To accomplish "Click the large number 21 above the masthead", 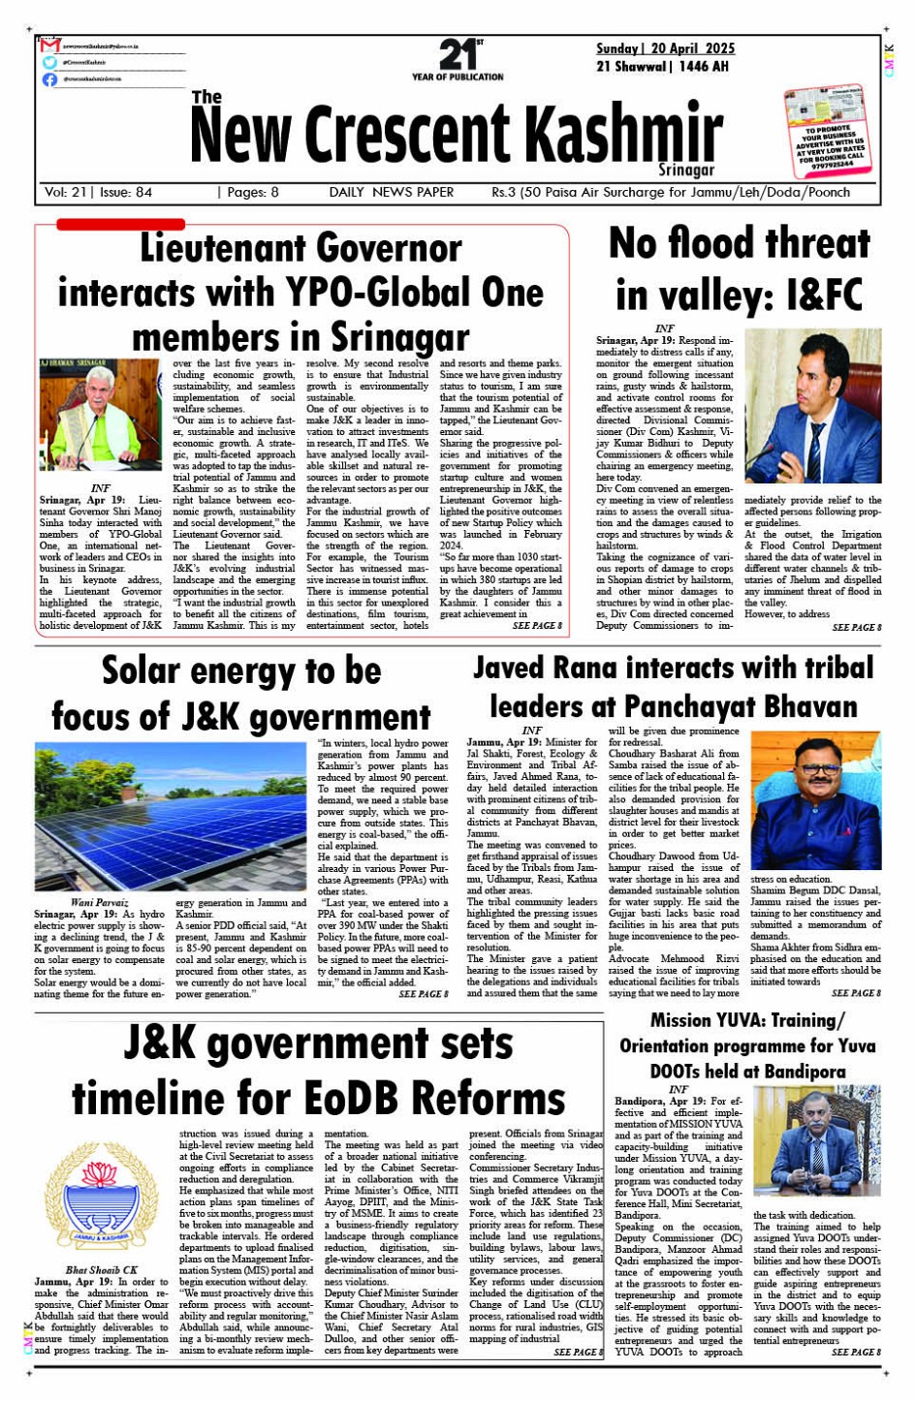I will [457, 54].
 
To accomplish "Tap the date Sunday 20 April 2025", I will [665, 48].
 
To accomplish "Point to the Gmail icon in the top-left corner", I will [50, 46].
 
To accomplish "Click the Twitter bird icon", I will [49, 62].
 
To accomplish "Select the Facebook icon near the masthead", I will [49, 79].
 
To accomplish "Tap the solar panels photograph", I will [171, 816].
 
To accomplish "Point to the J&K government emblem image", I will [101, 1199].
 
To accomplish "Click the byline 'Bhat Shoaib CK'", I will [102, 1269].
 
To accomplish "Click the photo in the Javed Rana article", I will [815, 800].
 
